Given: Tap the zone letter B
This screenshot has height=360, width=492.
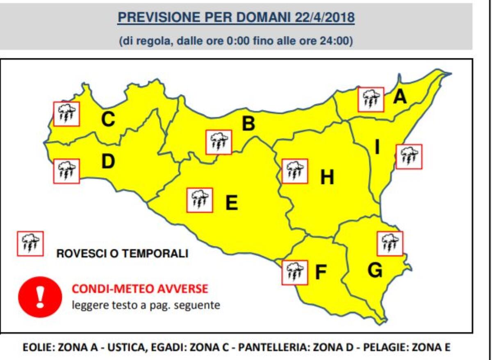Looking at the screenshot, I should tap(248, 123).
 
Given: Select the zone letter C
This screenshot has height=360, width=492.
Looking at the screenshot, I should tap(108, 120).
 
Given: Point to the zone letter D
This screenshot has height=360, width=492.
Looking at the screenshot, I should tap(108, 161).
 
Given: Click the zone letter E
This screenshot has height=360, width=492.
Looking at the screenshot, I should tap(232, 203).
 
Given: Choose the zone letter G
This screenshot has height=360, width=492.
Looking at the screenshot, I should tap(375, 270).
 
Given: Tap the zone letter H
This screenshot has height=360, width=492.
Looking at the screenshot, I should tap(327, 178).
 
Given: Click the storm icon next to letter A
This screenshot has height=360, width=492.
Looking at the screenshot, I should tap(371, 99).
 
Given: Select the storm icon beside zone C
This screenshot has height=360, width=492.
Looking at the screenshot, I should tap(66, 114).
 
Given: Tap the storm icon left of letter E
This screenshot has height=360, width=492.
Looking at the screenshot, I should tap(200, 200).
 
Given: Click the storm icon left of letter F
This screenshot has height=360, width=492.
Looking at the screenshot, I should tap(294, 272).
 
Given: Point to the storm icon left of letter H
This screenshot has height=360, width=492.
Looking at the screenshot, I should tap(294, 171).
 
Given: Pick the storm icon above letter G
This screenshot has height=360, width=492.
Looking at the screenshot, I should tap(389, 244).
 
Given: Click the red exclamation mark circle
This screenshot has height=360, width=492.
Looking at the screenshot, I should tap(40, 296).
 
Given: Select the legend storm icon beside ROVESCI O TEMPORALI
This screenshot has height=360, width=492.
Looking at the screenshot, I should tap(30, 244).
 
